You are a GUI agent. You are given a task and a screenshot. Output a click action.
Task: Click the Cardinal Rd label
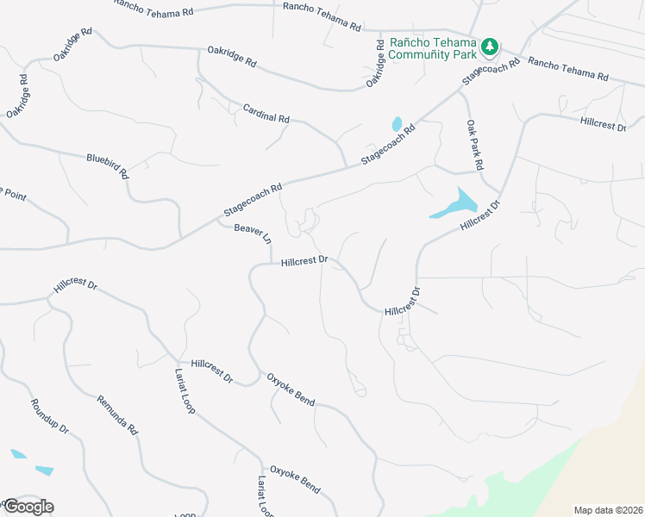pos(266,112)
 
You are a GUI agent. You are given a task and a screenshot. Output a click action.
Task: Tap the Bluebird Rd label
pos(107,165)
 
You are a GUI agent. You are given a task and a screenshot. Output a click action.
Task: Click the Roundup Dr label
pos(49,416)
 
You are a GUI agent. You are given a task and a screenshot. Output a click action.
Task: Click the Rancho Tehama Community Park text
pos(433,48)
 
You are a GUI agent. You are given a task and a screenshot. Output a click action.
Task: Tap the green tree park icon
pos(491,45)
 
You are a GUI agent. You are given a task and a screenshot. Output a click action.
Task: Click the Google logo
pos(28,506)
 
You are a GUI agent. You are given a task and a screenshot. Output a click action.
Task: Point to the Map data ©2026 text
pos(607,509)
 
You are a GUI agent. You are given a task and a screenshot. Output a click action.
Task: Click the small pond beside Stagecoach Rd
pos(397,124)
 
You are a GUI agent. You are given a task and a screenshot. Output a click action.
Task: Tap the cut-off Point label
pos(13,194)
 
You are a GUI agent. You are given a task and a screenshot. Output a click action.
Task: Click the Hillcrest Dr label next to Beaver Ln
pos(304,260)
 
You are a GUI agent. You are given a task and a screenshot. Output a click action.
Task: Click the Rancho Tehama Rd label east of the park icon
pos(568,68)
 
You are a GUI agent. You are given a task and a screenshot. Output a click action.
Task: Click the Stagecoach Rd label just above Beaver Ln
pos(253,200)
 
